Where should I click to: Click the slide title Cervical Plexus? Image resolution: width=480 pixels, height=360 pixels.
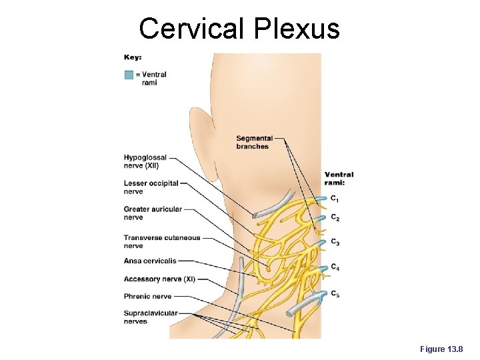tap(239, 29)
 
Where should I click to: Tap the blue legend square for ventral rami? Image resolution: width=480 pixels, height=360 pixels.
tap(129, 75)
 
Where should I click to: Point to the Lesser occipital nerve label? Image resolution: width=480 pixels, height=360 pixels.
tap(151, 187)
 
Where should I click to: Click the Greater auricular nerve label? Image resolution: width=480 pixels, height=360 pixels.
tap(153, 213)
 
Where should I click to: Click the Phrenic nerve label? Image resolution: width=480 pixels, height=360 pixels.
tap(147, 297)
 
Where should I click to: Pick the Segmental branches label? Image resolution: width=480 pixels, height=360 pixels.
tap(254, 143)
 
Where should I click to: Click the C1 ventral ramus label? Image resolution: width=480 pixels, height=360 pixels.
tap(335, 199)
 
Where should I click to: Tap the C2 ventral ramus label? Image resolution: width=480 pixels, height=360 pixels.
tap(335, 219)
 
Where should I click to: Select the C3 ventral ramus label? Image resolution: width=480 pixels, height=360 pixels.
tap(335, 242)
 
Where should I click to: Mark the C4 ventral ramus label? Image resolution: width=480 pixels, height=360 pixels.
tap(335, 267)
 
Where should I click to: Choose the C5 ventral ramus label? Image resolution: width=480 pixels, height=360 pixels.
tap(335, 294)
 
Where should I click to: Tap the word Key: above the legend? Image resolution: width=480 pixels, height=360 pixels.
tap(133, 57)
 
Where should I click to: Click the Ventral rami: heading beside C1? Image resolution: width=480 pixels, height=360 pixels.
tap(339, 179)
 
